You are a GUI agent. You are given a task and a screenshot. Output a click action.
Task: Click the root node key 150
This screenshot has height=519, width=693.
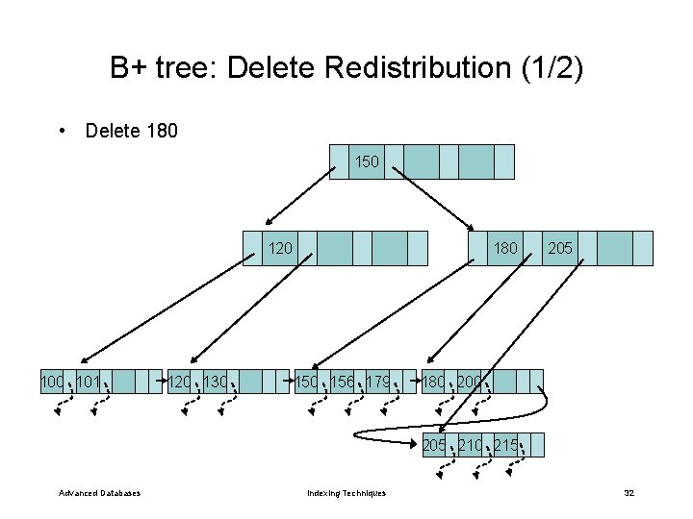(x=367, y=161)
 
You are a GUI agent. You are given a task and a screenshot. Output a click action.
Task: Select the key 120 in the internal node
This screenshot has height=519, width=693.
(x=280, y=248)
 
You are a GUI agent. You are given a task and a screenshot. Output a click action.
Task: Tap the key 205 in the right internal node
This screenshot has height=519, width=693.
(x=560, y=248)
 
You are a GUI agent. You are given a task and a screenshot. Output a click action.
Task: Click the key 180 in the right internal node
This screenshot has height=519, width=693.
(x=505, y=248)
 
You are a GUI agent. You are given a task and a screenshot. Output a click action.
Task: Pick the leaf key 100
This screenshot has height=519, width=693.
(x=52, y=383)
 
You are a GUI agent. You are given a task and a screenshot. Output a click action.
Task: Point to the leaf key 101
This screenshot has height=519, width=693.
(x=89, y=383)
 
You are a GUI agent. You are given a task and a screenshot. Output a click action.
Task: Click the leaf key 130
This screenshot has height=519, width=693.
(x=216, y=383)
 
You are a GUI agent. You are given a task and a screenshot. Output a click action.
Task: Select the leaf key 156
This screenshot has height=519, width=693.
(x=343, y=383)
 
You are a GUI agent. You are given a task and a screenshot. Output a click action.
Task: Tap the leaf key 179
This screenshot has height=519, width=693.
(x=378, y=383)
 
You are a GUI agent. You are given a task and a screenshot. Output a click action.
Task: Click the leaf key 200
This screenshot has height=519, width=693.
(x=470, y=383)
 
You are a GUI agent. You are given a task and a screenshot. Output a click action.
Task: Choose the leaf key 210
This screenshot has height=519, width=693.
(x=470, y=445)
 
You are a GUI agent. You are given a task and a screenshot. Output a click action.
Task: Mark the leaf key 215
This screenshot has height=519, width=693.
(x=505, y=445)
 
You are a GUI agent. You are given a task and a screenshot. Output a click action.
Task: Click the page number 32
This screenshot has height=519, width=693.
(x=629, y=493)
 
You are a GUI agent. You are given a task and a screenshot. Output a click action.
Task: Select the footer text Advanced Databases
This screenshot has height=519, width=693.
(x=99, y=493)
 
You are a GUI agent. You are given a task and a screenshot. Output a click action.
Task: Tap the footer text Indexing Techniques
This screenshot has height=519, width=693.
(x=346, y=493)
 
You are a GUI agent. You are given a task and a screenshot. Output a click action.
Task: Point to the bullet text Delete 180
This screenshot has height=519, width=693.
(x=131, y=130)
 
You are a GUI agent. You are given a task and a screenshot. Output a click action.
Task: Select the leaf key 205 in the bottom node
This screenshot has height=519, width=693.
(x=434, y=445)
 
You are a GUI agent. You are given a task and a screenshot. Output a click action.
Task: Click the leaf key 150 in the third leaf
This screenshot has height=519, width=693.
(x=307, y=383)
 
